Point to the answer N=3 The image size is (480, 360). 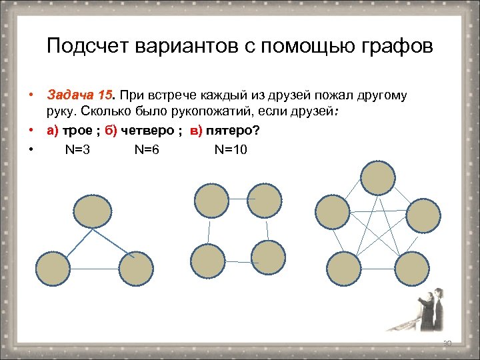click(x=78, y=149)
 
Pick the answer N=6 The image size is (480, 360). click(x=147, y=149)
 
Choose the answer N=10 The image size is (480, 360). click(x=231, y=149)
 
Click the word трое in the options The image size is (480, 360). click(x=78, y=131)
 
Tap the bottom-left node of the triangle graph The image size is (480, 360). click(x=52, y=269)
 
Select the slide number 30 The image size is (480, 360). click(x=447, y=343)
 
